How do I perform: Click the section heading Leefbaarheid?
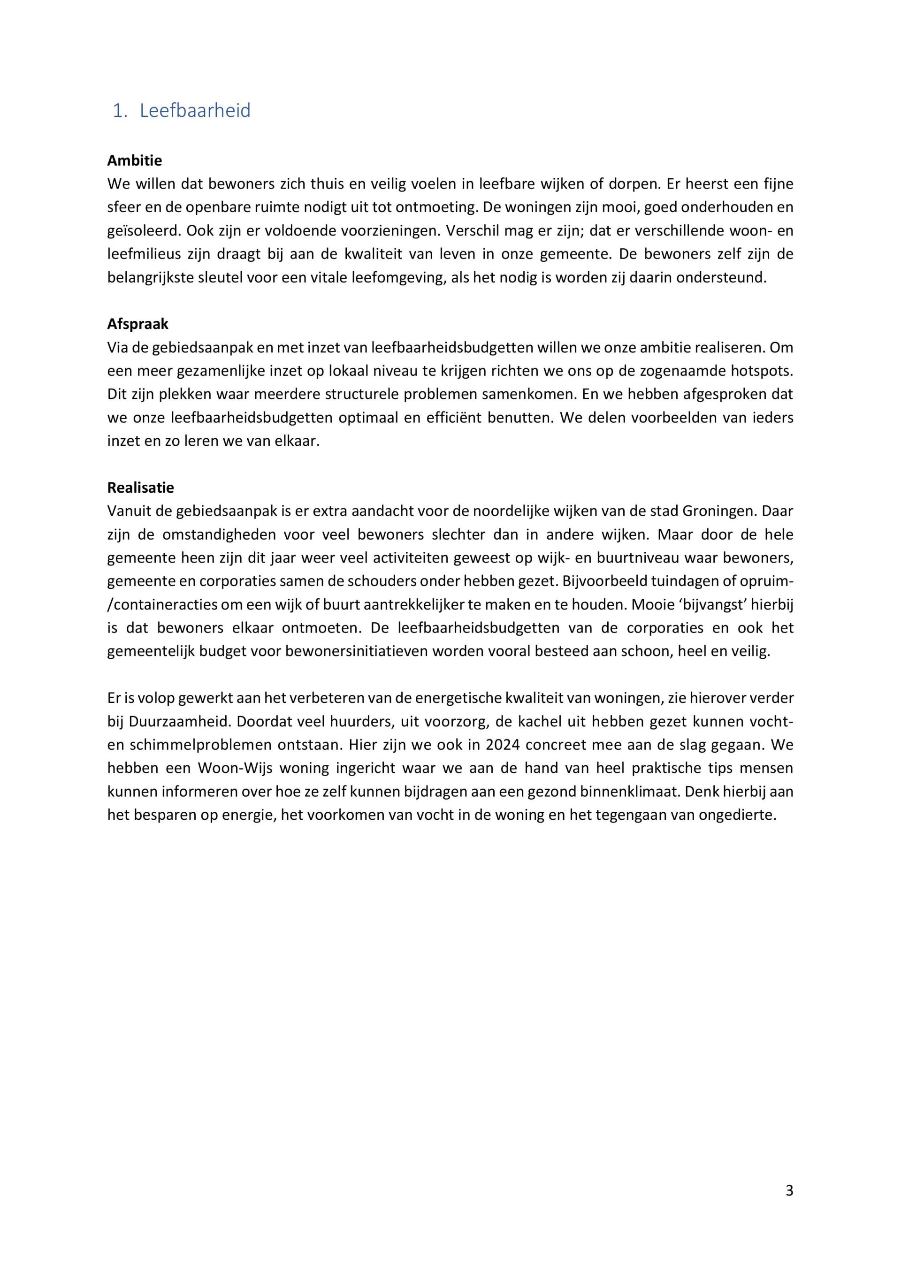tap(195, 110)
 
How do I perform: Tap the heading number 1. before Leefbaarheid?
tap(120, 110)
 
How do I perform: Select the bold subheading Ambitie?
tap(134, 161)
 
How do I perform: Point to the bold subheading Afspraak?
tap(137, 324)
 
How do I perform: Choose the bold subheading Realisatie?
tap(140, 488)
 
